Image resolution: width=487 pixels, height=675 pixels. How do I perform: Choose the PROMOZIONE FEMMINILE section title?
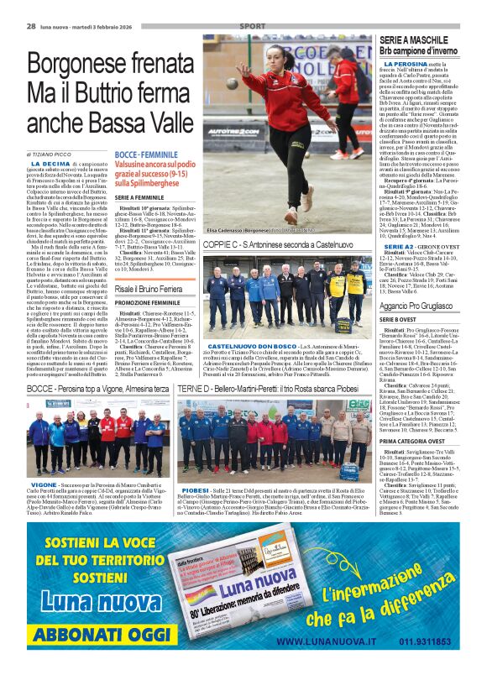point(149,302)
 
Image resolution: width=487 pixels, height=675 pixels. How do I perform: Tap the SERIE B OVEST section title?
point(399,321)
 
